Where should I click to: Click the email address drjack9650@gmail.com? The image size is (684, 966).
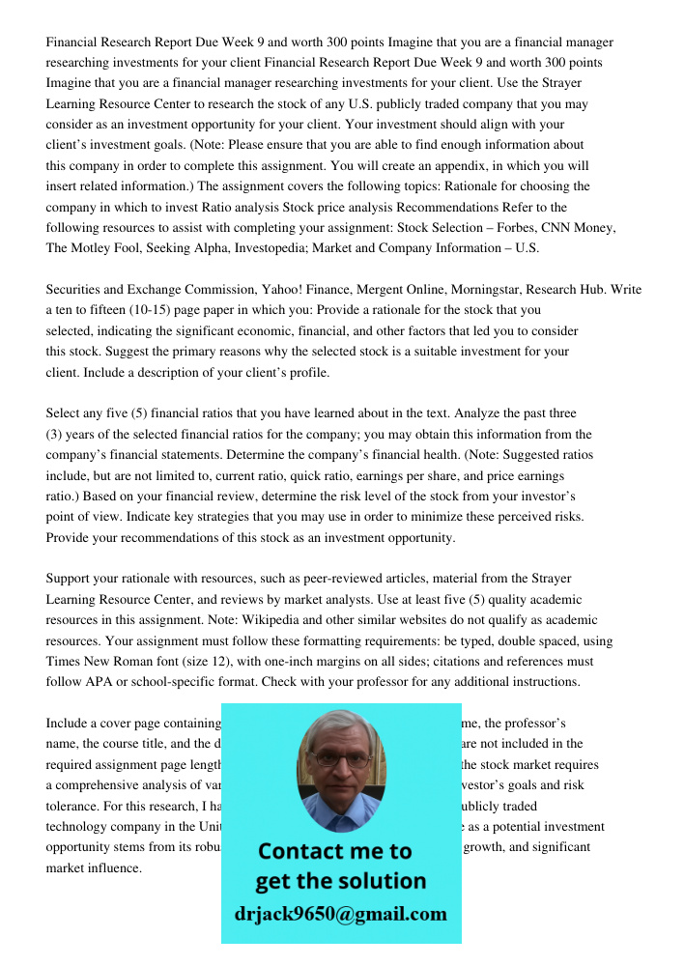(341, 914)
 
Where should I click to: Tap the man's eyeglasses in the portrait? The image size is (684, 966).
(341, 759)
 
